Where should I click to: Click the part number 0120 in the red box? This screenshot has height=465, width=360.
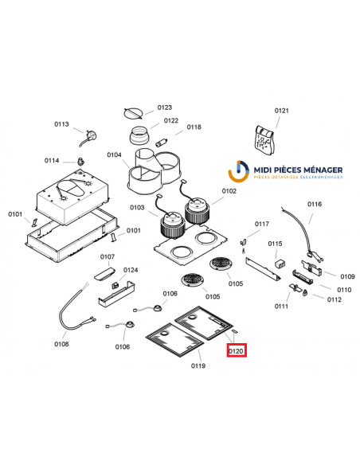[x=237, y=350]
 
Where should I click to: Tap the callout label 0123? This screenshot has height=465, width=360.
[x=165, y=107]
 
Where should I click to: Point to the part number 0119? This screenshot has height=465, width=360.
[x=198, y=366]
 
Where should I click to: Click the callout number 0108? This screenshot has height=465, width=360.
[x=61, y=344]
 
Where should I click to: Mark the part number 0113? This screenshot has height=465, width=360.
[x=62, y=124]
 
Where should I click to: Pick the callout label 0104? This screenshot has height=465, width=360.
[x=114, y=154]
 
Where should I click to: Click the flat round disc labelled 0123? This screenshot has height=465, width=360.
[x=135, y=111]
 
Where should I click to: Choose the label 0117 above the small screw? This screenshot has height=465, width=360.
[x=262, y=225]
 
